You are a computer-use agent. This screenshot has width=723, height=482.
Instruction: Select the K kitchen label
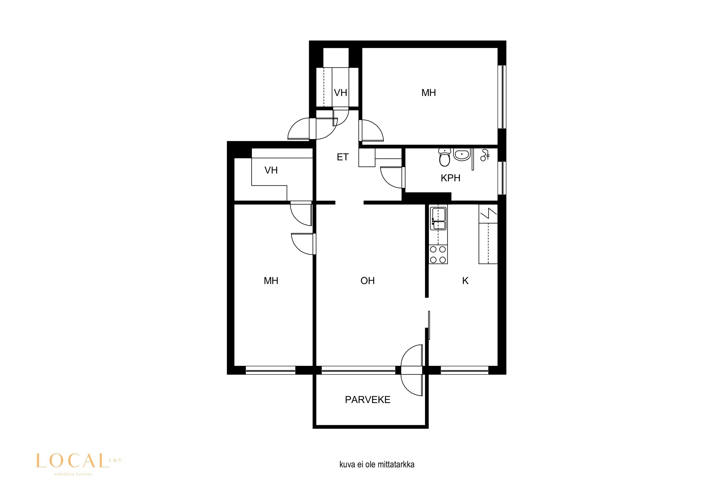[465, 281]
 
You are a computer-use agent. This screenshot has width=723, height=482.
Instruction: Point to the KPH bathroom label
[450, 178]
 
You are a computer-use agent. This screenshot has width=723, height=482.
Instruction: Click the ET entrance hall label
[342, 157]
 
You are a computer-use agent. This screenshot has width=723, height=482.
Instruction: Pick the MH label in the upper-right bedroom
[428, 93]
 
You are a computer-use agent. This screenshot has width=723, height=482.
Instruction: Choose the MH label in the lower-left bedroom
[271, 281]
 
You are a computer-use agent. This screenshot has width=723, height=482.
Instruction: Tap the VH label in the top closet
[341, 93]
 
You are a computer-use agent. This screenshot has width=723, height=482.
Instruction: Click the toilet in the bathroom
[444, 157]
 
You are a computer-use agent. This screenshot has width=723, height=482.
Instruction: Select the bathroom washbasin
[462, 154]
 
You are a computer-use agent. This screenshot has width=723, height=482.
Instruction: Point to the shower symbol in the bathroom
[485, 155]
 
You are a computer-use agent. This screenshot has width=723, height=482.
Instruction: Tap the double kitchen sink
[438, 219]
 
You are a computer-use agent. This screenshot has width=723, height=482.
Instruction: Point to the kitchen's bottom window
[464, 370]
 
